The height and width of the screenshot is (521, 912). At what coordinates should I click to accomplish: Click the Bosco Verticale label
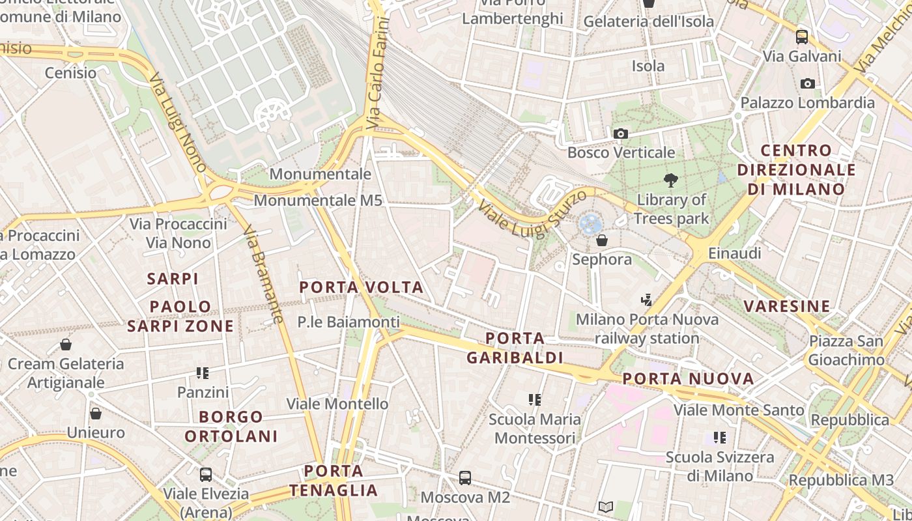coord(621,152)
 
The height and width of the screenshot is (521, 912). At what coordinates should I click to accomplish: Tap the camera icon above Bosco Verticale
coord(621,134)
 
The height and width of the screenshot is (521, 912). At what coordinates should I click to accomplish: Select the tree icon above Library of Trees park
coord(670,180)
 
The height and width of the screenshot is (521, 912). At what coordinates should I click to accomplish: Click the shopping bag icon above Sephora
coord(602,240)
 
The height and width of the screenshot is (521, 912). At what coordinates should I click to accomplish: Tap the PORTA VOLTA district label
coord(361,287)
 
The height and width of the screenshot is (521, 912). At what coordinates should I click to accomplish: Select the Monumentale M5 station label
coord(318,200)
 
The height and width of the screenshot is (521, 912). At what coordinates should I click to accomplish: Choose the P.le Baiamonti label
coord(349,322)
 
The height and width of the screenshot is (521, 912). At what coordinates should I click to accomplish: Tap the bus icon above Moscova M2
coord(465,478)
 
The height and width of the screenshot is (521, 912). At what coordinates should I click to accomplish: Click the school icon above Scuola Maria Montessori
coord(535,399)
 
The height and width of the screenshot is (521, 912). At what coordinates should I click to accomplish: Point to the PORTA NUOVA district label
coord(688,378)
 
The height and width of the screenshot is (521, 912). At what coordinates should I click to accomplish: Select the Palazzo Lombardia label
coord(807,102)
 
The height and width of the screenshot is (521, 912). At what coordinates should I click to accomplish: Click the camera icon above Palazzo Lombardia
coord(807,83)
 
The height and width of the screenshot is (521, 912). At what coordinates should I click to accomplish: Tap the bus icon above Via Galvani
coord(802,37)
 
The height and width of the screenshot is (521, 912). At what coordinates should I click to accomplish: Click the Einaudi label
coord(734,253)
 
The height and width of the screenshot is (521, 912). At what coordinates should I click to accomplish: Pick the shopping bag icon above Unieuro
coord(96,414)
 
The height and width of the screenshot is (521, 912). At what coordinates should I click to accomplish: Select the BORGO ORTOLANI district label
coord(231,426)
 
